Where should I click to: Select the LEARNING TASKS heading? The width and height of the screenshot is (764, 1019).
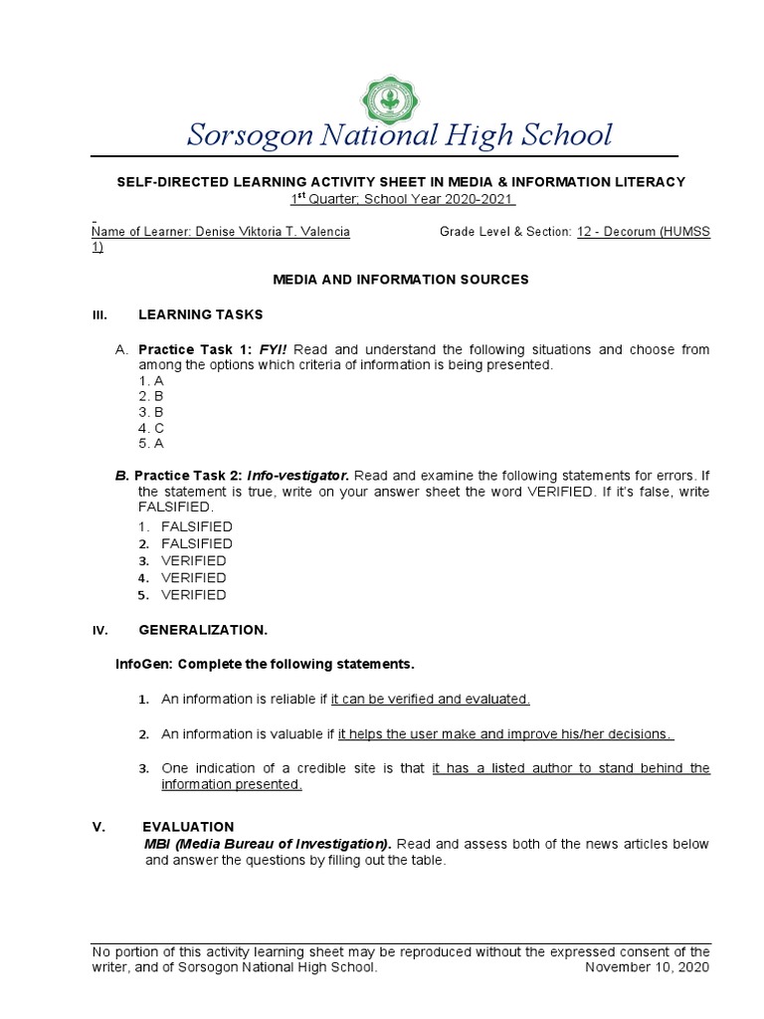(200, 314)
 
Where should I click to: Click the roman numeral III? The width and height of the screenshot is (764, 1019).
(98, 315)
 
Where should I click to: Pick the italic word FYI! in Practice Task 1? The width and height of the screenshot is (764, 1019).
(274, 349)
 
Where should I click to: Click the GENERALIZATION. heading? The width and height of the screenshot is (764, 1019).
(203, 630)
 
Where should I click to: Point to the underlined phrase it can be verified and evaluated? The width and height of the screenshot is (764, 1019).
(430, 700)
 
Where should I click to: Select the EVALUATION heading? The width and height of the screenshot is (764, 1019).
(188, 827)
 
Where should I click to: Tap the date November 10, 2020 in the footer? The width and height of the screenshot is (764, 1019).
(647, 966)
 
